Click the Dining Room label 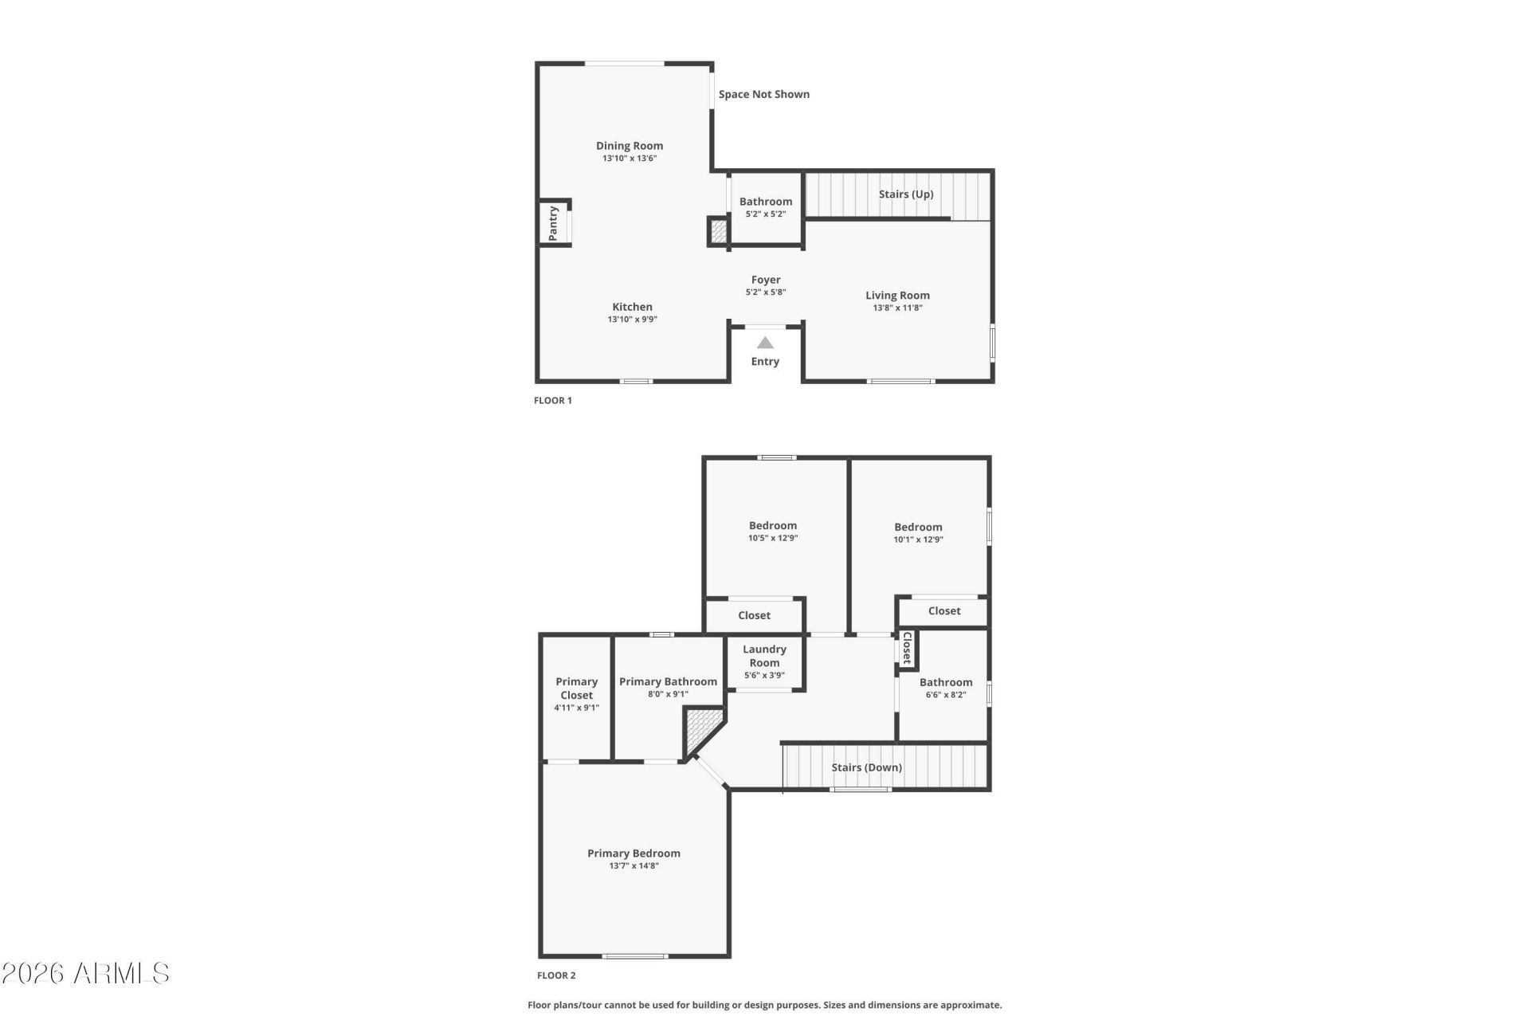click(x=630, y=146)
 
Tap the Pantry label click(x=553, y=223)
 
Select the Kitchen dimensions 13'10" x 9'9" click(x=633, y=320)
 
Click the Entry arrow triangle click(x=765, y=343)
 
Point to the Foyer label click(x=766, y=280)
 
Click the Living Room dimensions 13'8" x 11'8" click(x=898, y=308)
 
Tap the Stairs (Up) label click(x=906, y=194)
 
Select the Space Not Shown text click(x=764, y=94)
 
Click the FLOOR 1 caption click(x=553, y=401)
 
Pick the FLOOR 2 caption click(x=556, y=975)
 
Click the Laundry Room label click(x=764, y=656)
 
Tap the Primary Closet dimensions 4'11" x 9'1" click(x=577, y=708)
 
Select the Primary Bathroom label click(x=668, y=682)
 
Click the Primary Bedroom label click(x=634, y=853)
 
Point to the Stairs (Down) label click(x=867, y=767)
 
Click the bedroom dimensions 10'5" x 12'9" click(x=773, y=538)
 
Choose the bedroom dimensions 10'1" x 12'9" click(x=919, y=539)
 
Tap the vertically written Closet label click(x=907, y=648)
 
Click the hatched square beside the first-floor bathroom click(x=718, y=231)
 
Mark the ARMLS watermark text click(x=85, y=973)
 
